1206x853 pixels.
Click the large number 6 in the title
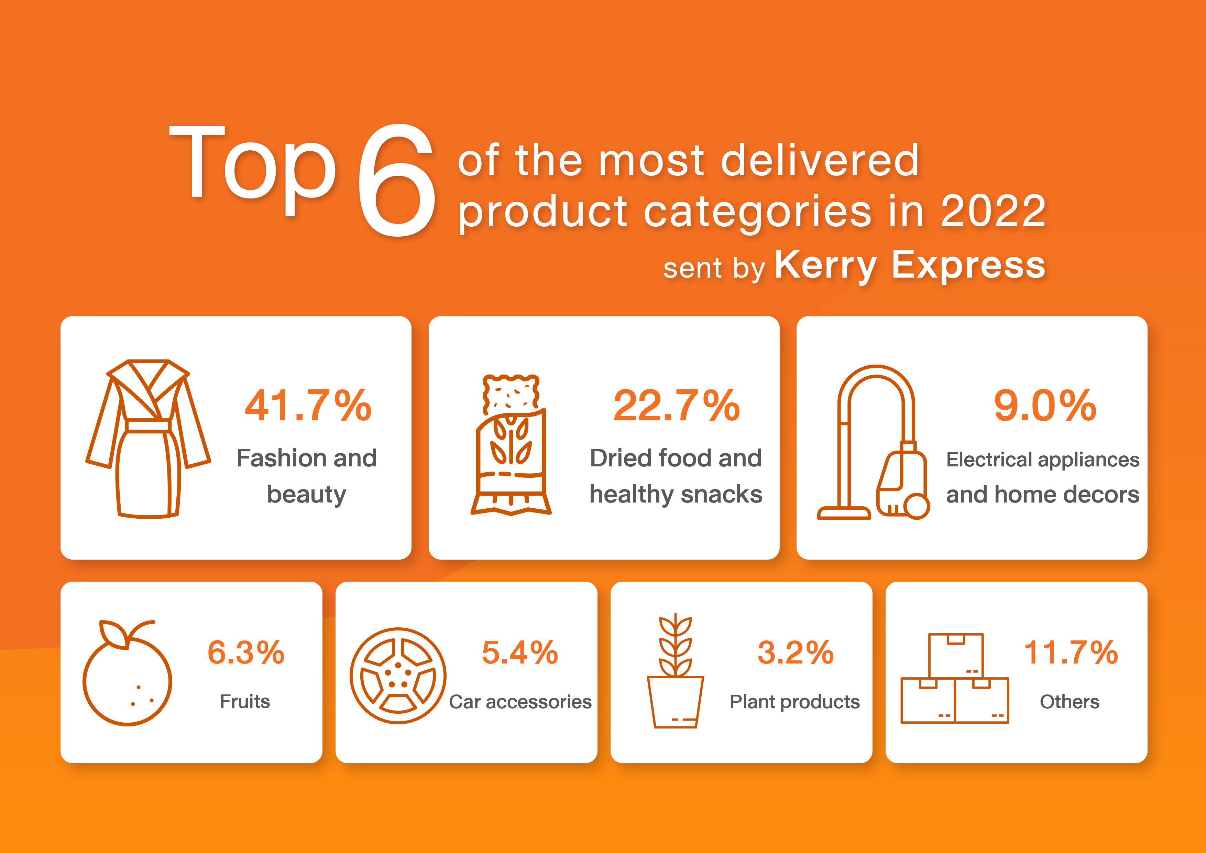click(397, 180)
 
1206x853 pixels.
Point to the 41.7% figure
click(308, 406)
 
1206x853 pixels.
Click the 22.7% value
click(677, 406)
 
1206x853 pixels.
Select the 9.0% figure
click(1045, 406)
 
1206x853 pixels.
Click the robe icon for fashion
click(148, 439)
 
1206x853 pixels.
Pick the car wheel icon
click(398, 676)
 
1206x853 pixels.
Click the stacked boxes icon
click(954, 678)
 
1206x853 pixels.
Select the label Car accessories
click(520, 702)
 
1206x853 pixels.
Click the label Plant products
click(795, 702)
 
